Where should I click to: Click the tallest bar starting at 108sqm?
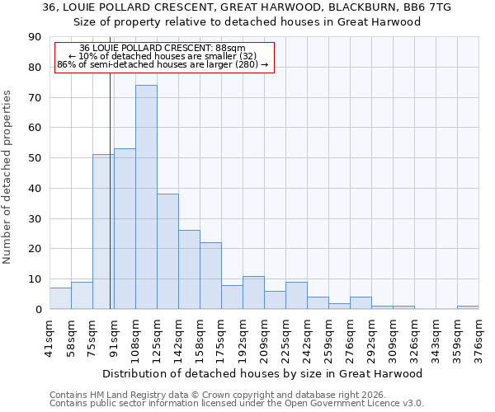146,197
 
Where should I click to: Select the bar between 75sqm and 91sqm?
103,232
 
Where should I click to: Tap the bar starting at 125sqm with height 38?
167,251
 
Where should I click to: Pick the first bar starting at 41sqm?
60,298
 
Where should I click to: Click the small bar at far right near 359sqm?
468,307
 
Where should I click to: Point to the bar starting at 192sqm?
253,293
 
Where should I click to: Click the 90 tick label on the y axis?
35,37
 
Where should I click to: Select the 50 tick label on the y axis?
35,158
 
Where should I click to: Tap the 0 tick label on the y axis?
38,309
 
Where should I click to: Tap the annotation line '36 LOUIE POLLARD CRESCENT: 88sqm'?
163,49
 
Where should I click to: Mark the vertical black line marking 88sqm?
110,206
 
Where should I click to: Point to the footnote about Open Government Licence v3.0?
237,403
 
